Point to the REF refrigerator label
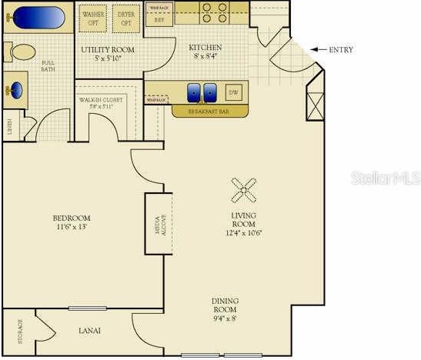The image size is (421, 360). coord(160,22)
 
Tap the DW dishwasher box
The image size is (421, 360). coord(233,93)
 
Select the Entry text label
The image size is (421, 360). coord(340,50)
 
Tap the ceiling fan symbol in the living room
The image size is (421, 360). coord(246,188)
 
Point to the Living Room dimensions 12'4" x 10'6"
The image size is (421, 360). coord(244,232)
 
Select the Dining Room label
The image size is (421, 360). coord(225,305)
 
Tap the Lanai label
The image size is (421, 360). coord(90,332)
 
